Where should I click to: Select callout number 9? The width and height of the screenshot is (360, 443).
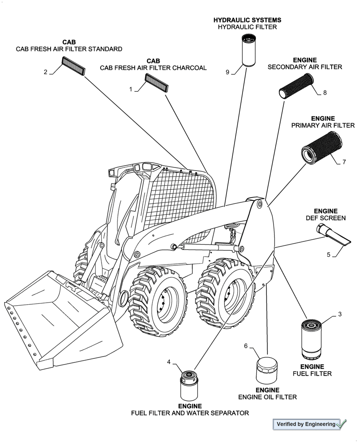tap(227, 72)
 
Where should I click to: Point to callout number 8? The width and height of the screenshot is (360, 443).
tap(325, 93)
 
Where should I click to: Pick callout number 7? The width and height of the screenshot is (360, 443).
tap(344, 163)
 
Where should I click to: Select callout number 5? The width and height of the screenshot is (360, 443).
tap(329, 255)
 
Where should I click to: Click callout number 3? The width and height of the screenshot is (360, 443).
tap(340, 315)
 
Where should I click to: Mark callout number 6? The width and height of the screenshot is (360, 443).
tap(246, 346)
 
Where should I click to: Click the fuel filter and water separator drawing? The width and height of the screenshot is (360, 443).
tap(189, 385)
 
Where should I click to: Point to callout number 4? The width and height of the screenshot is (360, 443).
tap(168, 362)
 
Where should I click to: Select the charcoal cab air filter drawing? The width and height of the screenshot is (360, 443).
tap(157, 83)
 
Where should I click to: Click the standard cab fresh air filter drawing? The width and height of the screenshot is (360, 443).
tap(72, 68)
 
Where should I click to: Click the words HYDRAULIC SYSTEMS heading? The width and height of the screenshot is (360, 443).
tap(247, 20)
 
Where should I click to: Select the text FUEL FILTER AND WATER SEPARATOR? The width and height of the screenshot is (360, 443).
tap(190, 413)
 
